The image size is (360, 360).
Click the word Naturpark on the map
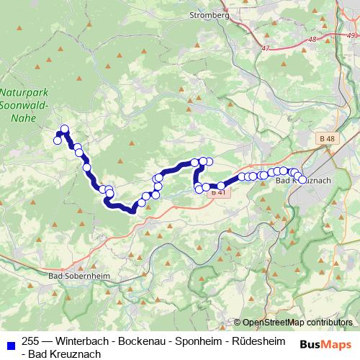pos(23,92)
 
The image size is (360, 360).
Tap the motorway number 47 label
pos(268,48)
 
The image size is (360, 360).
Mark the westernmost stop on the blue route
pos(58,140)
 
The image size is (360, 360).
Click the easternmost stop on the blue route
pos(302,179)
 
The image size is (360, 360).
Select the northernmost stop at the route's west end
pos(65,130)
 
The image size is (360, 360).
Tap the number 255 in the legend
pos(32,341)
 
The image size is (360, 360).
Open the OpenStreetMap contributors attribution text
pos(297,323)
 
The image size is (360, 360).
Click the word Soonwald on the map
pos(24,105)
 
